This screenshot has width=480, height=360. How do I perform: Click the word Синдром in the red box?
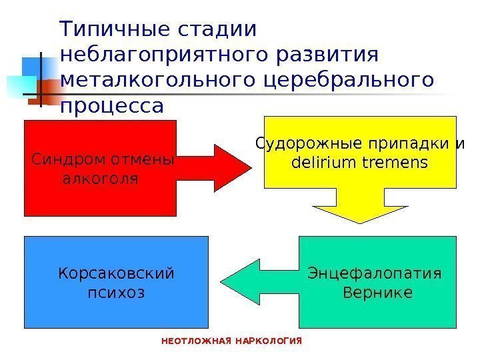tap(63, 161)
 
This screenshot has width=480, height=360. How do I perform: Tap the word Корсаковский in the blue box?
tap(116, 274)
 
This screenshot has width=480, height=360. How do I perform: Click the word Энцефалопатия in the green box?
tap(377, 274)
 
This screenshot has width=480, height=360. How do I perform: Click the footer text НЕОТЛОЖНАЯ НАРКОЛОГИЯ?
tap(233, 341)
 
